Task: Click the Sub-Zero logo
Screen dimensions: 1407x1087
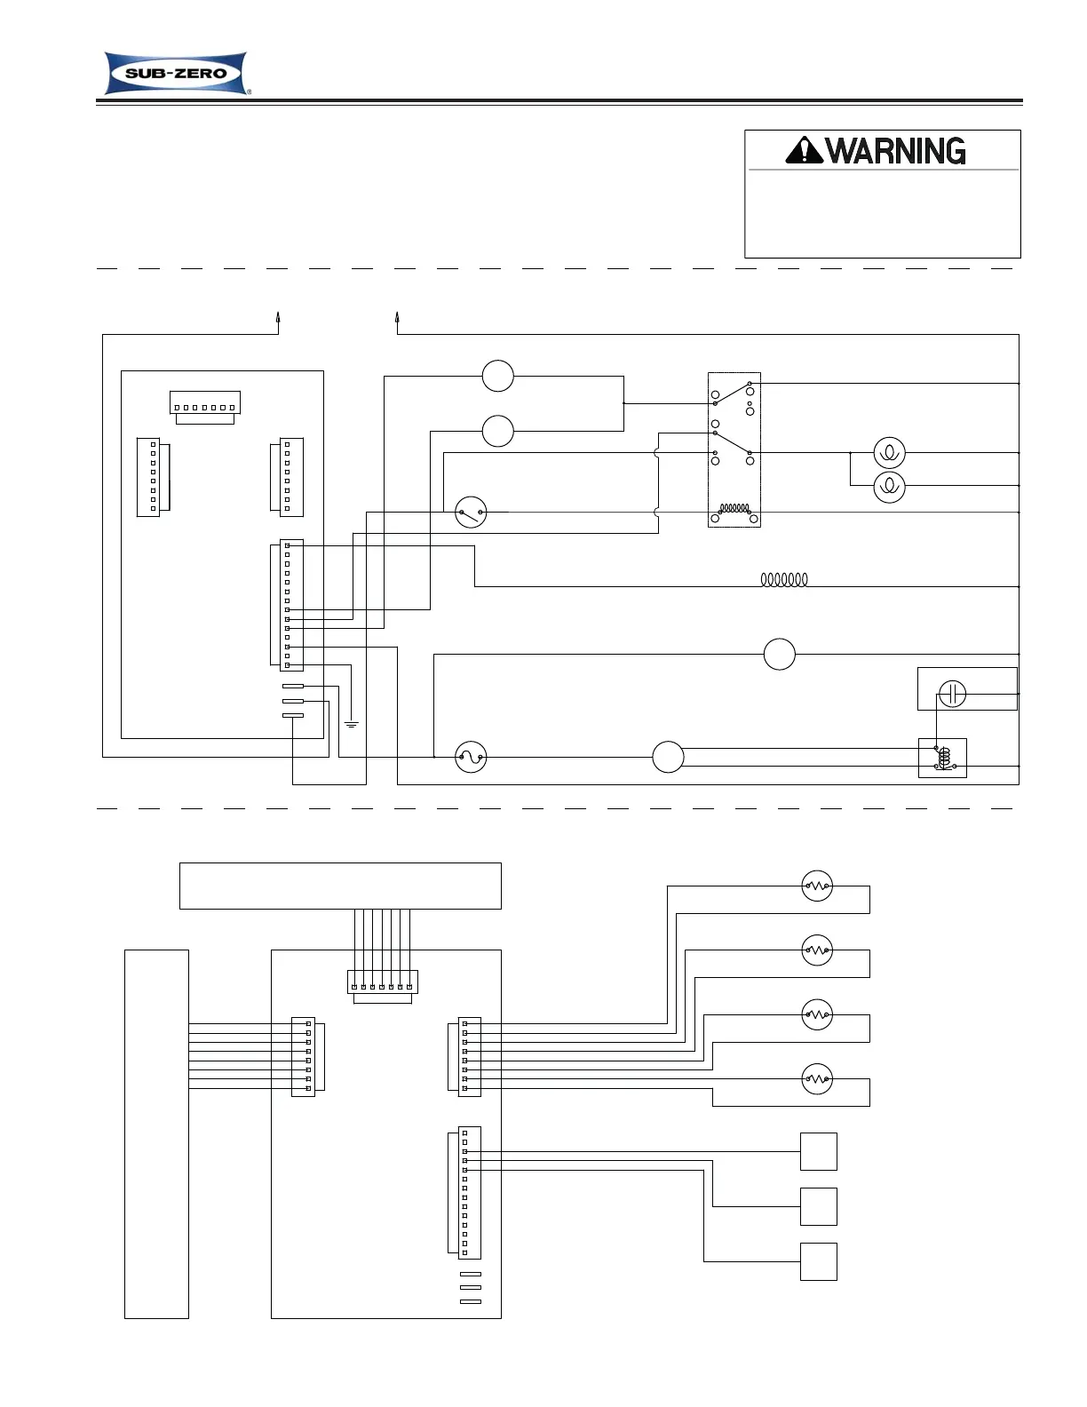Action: [x=176, y=73]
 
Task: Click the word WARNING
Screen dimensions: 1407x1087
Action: [x=895, y=151]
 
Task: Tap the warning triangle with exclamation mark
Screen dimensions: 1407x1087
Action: [x=805, y=150]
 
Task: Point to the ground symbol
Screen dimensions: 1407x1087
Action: [x=352, y=724]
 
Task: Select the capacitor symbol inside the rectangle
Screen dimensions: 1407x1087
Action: [x=952, y=693]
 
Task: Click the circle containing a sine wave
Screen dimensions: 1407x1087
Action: [x=471, y=758]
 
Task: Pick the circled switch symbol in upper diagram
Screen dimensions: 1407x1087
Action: [x=471, y=513]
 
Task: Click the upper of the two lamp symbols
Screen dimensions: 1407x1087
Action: [x=889, y=453]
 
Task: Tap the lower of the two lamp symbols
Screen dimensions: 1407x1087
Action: [x=889, y=486]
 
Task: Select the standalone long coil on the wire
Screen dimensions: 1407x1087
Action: [x=784, y=580]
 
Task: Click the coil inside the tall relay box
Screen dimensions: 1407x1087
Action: [x=734, y=509]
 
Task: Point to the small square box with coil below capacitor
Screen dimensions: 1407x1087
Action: [x=943, y=759]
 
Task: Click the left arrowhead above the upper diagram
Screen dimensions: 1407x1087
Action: [x=278, y=317]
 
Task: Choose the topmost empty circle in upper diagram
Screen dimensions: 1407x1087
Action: [x=498, y=376]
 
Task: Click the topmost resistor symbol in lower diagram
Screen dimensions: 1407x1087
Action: [x=817, y=886]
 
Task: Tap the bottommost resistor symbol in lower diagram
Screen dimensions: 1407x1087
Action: [x=817, y=1079]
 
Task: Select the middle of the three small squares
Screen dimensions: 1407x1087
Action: [x=819, y=1206]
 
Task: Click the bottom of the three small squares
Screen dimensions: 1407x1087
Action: [x=819, y=1261]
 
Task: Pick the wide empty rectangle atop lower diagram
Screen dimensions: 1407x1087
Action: [x=340, y=886]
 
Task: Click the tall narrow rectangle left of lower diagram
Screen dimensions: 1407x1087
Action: [x=156, y=1133]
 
